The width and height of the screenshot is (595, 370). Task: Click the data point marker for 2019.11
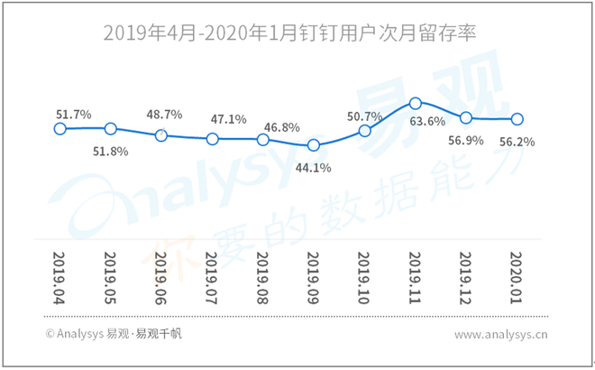pos(416,104)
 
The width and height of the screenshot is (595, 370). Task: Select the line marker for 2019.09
pos(314,144)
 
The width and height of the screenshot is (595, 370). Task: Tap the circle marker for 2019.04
pos(59,128)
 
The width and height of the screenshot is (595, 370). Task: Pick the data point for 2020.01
pos(517,118)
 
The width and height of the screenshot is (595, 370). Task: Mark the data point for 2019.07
pos(212,139)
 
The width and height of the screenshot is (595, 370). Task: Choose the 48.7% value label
pos(164,115)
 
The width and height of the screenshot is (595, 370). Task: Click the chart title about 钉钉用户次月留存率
pos(288,33)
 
